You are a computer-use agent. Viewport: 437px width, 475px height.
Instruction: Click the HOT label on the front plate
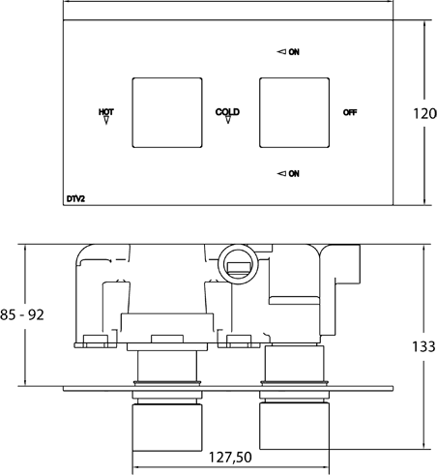(106, 112)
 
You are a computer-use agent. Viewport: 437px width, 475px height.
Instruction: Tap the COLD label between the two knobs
(227, 111)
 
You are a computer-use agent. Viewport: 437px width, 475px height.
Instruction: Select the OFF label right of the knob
(350, 112)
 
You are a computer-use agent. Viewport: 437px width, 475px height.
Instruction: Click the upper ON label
(294, 51)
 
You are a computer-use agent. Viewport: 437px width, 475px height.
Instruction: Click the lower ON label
(294, 173)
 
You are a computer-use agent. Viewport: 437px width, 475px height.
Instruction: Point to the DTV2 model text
(75, 199)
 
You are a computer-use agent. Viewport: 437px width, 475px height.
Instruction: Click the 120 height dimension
(424, 113)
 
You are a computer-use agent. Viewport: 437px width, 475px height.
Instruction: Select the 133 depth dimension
(424, 346)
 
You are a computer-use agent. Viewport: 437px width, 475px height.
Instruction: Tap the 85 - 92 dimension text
(22, 314)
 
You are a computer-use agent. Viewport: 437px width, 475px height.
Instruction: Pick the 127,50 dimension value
(230, 458)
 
